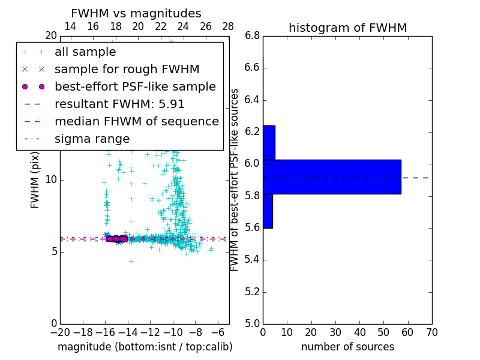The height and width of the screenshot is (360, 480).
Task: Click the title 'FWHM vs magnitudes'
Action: pyautogui.click(x=136, y=14)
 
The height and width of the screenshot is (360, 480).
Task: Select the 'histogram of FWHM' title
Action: pyautogui.click(x=347, y=28)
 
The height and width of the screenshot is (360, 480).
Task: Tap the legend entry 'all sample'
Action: pyautogui.click(x=85, y=52)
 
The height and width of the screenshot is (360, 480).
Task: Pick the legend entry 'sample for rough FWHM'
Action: pyautogui.click(x=127, y=69)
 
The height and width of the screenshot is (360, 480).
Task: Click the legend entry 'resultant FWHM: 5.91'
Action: pyautogui.click(x=119, y=104)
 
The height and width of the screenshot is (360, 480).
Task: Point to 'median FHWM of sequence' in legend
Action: pyautogui.click(x=136, y=121)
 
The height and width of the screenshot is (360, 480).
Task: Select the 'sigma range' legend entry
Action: pyautogui.click(x=92, y=139)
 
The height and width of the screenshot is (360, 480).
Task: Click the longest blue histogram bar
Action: pyautogui.click(x=332, y=176)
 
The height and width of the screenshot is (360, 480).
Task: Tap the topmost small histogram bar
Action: pyautogui.click(x=269, y=142)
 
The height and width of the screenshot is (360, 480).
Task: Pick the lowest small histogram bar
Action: pyautogui.click(x=268, y=211)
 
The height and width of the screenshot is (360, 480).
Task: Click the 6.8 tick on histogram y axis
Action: pyautogui.click(x=252, y=36)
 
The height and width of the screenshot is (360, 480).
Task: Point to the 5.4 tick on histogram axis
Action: pyautogui.click(x=252, y=260)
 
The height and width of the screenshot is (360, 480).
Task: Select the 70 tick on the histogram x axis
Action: pyautogui.click(x=431, y=332)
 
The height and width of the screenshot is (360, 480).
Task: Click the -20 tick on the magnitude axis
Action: pyautogui.click(x=60, y=332)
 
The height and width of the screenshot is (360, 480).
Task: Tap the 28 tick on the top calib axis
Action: pyautogui.click(x=228, y=26)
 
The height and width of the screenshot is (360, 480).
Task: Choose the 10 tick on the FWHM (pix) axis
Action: pyautogui.click(x=50, y=179)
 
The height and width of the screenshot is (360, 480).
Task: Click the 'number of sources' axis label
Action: pyautogui.click(x=347, y=347)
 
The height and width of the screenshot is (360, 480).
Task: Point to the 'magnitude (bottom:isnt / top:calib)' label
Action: pyautogui.click(x=145, y=347)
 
